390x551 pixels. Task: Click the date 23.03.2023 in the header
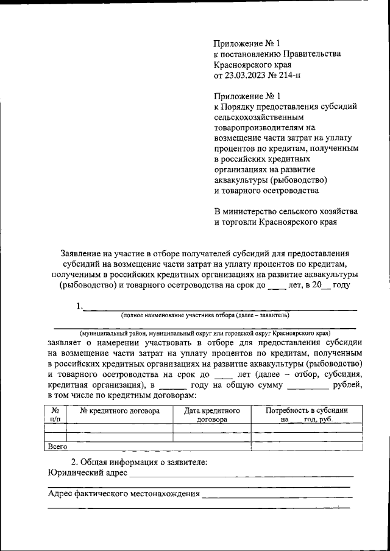coord(246,75)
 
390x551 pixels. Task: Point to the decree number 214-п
coord(286,75)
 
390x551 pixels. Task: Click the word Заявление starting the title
coord(82,253)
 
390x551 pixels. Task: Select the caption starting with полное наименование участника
coord(205,315)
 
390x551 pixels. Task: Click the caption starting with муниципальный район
coord(205,334)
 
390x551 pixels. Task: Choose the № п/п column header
coord(55,415)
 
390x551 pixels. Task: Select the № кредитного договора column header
coord(120,411)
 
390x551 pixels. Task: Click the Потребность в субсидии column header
coord(307,411)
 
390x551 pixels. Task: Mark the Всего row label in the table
coord(57,446)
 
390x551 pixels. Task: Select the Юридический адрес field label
coord(87,473)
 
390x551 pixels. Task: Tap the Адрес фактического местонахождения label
coord(124,494)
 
